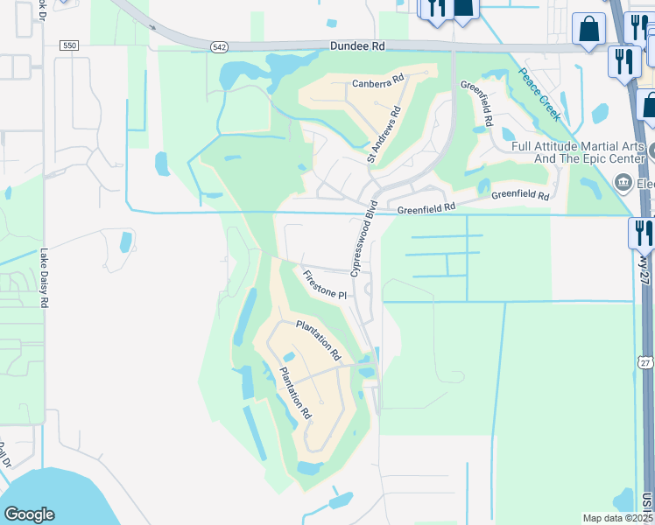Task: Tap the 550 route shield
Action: (71, 45)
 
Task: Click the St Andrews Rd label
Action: (384, 135)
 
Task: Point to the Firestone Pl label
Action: (325, 285)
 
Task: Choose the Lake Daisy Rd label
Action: (43, 278)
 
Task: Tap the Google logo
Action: (29, 514)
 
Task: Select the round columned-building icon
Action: (623, 183)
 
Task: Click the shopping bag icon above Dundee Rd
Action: (588, 28)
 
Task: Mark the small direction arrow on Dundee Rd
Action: (153, 27)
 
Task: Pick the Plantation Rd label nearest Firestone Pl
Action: (317, 341)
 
